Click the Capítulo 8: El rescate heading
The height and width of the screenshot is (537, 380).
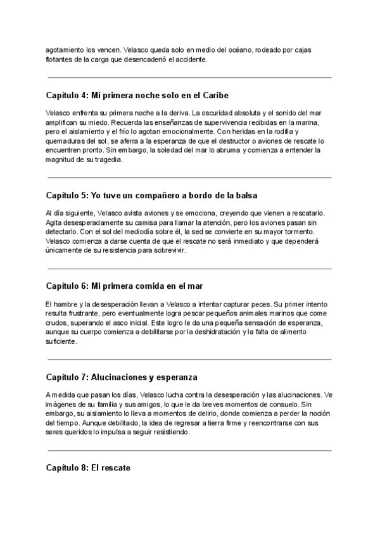click(x=88, y=468)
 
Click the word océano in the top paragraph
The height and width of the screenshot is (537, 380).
click(x=237, y=49)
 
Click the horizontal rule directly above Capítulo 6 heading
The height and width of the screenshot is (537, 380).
click(x=189, y=268)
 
